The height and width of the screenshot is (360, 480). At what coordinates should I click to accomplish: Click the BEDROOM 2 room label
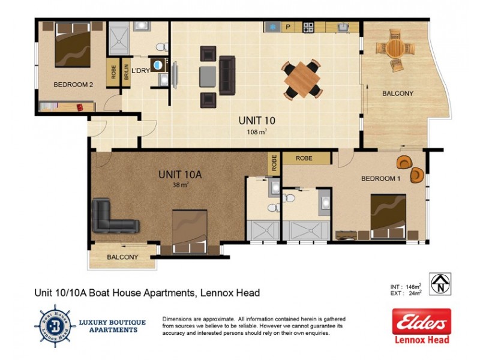pos(73,85)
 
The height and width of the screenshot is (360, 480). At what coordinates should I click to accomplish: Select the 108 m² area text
pos(256,131)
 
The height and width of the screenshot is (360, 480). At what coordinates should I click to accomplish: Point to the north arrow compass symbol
pos(441,283)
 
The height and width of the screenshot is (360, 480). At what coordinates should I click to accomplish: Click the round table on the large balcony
pos(394,48)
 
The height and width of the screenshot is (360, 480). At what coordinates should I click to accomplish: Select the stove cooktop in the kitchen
pos(308,27)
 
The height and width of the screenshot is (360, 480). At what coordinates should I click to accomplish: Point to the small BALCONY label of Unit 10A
pos(122,257)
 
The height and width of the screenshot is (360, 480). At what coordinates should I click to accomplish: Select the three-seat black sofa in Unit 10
pos(227,74)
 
